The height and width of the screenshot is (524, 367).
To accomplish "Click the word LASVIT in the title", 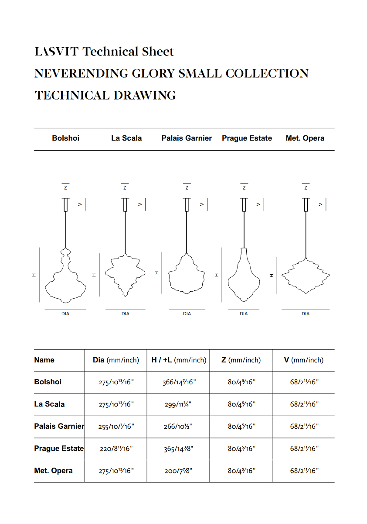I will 57,52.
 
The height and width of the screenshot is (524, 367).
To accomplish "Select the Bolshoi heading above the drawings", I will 65,138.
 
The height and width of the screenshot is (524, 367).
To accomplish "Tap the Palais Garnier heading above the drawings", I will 187,138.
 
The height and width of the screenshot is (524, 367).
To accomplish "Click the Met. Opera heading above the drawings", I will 305,138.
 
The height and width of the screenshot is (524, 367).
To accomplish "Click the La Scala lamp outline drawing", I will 126,275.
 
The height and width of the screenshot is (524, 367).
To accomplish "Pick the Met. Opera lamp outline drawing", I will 306,276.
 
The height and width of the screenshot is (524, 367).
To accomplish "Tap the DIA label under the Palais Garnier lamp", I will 187,314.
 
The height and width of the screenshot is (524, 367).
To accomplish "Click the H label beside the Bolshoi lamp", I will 34,275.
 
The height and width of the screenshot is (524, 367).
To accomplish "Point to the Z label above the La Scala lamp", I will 125,188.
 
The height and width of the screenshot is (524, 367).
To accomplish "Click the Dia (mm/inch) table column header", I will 116,360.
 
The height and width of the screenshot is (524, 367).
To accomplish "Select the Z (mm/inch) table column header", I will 241,360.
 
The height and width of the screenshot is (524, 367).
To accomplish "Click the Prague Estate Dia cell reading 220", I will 116,449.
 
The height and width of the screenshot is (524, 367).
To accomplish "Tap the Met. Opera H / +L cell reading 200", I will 178,471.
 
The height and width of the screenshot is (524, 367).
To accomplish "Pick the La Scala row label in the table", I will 49,404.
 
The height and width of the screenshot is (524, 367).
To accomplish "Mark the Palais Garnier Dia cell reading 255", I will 116,427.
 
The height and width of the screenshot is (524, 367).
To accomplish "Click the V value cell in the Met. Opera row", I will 304,471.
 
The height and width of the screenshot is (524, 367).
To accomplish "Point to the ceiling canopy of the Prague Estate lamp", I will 244,204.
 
